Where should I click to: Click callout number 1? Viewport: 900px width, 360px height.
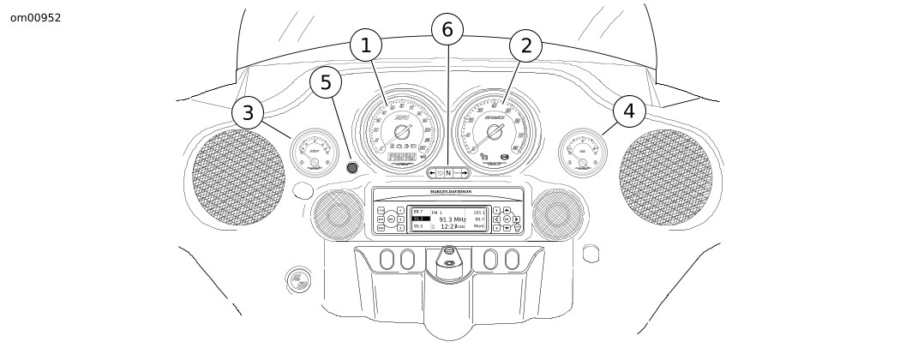tap(366, 45)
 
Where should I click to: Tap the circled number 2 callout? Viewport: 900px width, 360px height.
tap(526, 45)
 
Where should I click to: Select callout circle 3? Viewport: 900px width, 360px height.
tap(248, 112)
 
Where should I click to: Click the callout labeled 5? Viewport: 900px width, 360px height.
tap(325, 83)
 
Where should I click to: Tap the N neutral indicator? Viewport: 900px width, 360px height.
tap(447, 172)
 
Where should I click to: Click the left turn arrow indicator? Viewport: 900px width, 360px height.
tap(432, 172)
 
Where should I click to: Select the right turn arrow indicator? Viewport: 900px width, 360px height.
tap(464, 172)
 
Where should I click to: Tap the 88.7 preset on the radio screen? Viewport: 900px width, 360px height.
tap(417, 211)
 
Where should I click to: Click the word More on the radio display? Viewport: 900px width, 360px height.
tap(478, 227)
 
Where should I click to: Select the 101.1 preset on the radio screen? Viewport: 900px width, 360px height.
tap(479, 211)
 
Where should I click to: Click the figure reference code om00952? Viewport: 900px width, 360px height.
tap(35, 17)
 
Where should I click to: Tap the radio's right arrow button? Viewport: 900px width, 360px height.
tap(517, 219)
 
